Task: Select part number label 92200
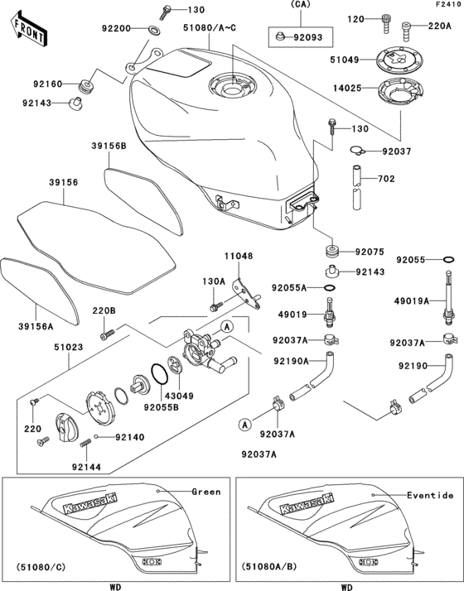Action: [x=117, y=29]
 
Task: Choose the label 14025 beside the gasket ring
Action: [x=346, y=87]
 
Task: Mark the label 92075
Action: [x=371, y=251]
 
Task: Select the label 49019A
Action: [x=413, y=302]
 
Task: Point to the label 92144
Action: [x=86, y=467]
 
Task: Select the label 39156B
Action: [x=109, y=147]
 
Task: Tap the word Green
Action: [x=206, y=492]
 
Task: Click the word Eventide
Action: [x=430, y=495]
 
